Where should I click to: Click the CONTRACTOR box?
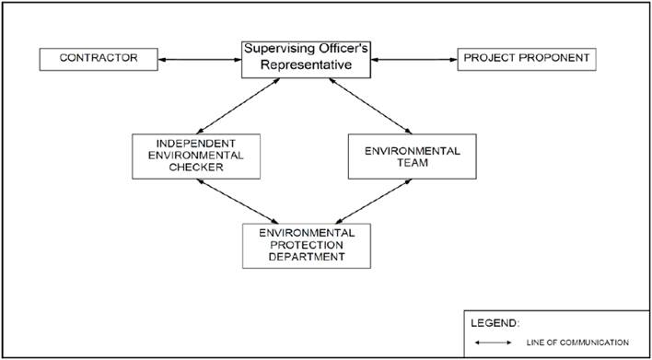tap(99, 60)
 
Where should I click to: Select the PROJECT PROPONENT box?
tap(527, 60)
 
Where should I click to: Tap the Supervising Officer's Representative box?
tap(306, 60)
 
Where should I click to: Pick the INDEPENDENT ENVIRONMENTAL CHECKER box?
tap(196, 157)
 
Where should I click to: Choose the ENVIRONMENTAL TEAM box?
tap(412, 157)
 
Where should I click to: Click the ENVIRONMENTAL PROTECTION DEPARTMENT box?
tap(307, 246)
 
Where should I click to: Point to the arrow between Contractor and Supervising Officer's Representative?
tap(200, 60)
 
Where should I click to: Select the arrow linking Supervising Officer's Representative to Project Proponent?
tap(414, 60)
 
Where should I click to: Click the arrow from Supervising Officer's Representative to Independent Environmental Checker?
tap(239, 106)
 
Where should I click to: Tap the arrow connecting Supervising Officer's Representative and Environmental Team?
tap(370, 106)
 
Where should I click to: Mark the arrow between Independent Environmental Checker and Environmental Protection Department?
tap(238, 202)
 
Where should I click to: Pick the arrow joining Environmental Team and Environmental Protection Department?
tap(373, 202)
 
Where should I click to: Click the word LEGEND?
tap(495, 323)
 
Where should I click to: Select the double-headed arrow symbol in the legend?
tap(494, 343)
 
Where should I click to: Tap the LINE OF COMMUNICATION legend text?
tap(577, 343)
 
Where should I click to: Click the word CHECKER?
tap(197, 168)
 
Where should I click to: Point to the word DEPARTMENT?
tap(307, 257)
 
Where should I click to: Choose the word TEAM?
tap(412, 163)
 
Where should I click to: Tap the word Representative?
tap(306, 65)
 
